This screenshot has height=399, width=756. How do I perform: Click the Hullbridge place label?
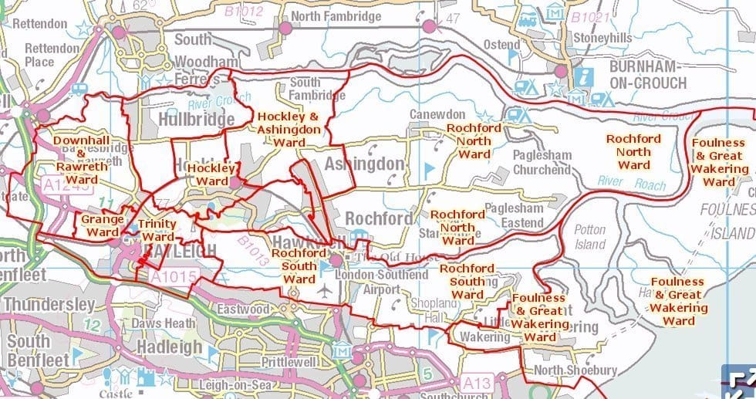point(196,120)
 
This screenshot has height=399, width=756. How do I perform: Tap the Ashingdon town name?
point(364,164)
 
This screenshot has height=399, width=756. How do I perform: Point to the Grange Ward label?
point(103,225)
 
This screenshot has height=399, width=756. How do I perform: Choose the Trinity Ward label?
point(157,231)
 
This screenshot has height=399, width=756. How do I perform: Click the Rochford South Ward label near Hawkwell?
point(299,265)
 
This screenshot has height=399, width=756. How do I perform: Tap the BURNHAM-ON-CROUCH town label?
point(646,74)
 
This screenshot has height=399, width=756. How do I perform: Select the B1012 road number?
point(244,11)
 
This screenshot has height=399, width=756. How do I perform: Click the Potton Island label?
point(590,237)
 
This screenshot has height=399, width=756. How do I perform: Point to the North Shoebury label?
point(575,370)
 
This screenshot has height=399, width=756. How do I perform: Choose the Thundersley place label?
point(47,305)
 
